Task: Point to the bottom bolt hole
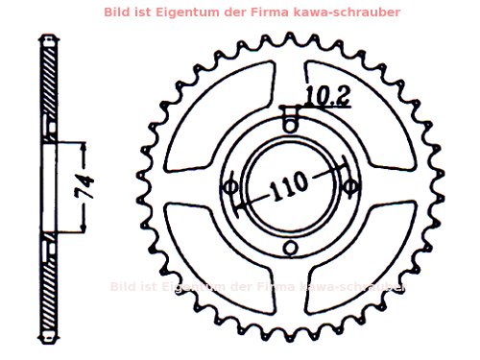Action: (290, 250)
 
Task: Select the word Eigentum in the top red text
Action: (205, 12)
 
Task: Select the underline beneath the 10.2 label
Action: (327, 106)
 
